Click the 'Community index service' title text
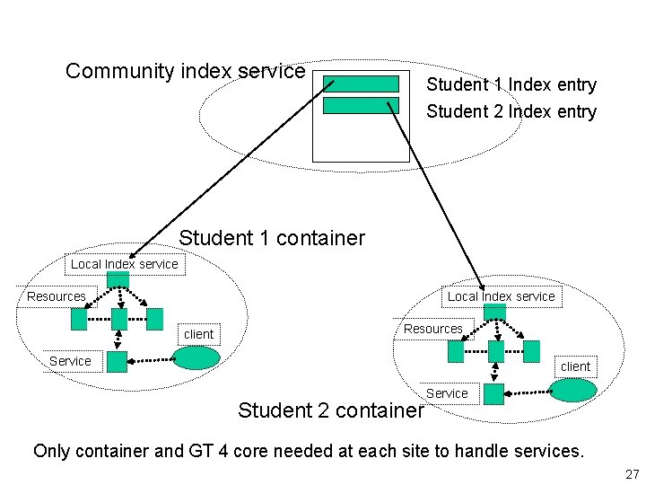pyautogui.click(x=186, y=71)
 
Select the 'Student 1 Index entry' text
pyautogui.click(x=511, y=85)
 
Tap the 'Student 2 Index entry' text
pyautogui.click(x=511, y=112)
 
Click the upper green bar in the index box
pyautogui.click(x=361, y=84)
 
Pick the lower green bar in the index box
pyautogui.click(x=361, y=105)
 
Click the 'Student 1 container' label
pyautogui.click(x=272, y=238)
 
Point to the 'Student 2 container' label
pyautogui.click(x=329, y=410)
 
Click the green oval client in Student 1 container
pyautogui.click(x=196, y=358)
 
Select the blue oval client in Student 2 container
pyautogui.click(x=572, y=390)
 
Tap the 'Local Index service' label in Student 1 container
pyautogui.click(x=125, y=264)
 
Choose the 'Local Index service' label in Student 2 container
pyautogui.click(x=501, y=296)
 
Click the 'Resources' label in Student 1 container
pyautogui.click(x=57, y=296)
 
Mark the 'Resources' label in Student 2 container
pyautogui.click(x=433, y=329)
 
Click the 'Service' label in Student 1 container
pyautogui.click(x=70, y=361)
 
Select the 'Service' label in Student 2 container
pyautogui.click(x=447, y=393)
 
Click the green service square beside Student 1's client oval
pyautogui.click(x=117, y=360)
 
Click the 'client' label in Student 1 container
pyautogui.click(x=198, y=334)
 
